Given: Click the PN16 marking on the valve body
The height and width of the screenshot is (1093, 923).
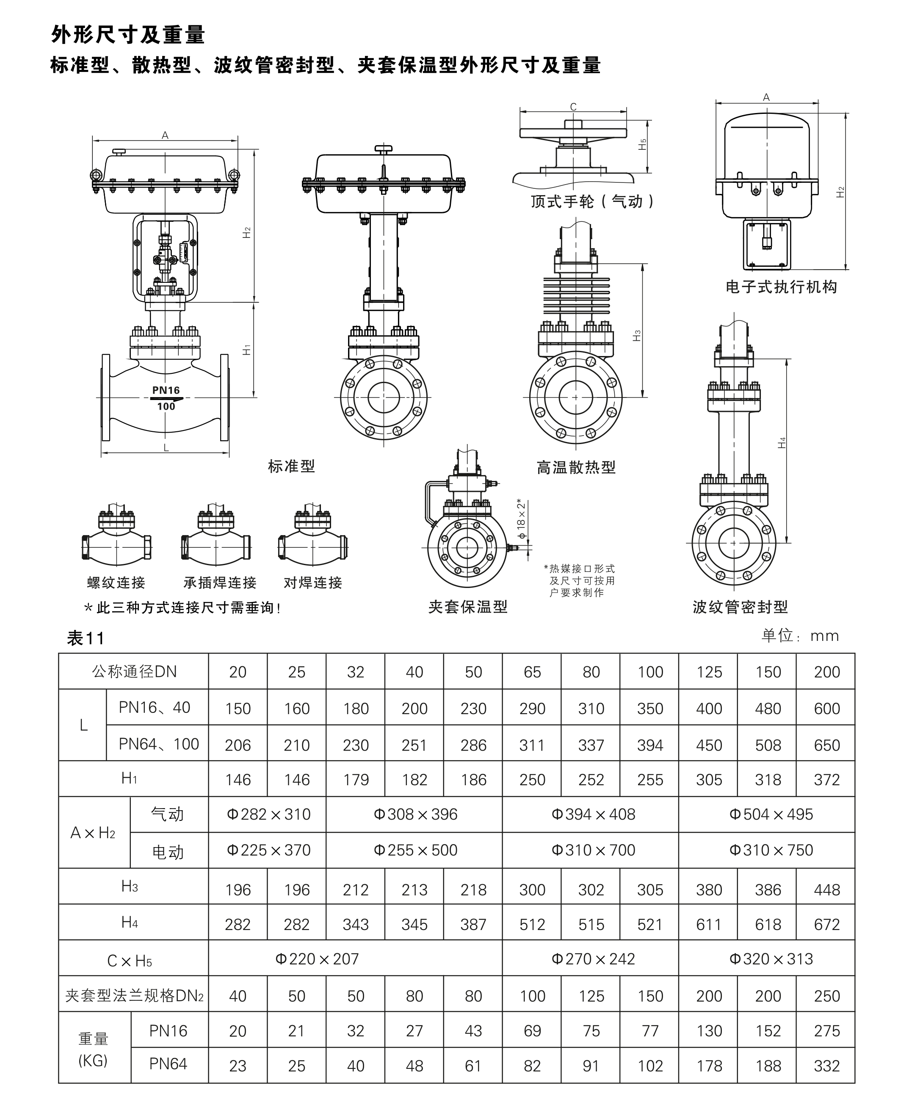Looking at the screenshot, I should pyautogui.click(x=166, y=390).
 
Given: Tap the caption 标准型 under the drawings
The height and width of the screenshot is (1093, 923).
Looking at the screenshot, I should pyautogui.click(x=291, y=466).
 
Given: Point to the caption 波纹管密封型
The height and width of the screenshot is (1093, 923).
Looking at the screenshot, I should pyautogui.click(x=740, y=607).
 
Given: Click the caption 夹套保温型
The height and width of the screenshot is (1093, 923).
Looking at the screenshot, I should pyautogui.click(x=468, y=607).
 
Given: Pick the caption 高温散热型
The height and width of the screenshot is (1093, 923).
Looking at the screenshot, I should pyautogui.click(x=576, y=467).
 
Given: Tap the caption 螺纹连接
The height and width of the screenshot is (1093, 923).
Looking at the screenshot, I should pyautogui.click(x=116, y=583).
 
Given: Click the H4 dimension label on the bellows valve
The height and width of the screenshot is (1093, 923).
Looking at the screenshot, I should pyautogui.click(x=782, y=443).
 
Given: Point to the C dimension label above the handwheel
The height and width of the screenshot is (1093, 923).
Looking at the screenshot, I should pyautogui.click(x=573, y=107).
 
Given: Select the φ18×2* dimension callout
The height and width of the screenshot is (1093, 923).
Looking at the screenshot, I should pyautogui.click(x=521, y=519).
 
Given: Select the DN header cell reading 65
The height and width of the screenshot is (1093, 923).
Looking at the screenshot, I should pyautogui.click(x=532, y=672).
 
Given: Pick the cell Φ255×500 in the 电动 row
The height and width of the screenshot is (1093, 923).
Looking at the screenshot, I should pyautogui.click(x=415, y=850).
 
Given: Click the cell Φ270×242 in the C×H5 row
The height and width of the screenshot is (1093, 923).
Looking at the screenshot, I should pyautogui.click(x=593, y=959).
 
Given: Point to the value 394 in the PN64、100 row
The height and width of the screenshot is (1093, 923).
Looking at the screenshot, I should pyautogui.click(x=650, y=745).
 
